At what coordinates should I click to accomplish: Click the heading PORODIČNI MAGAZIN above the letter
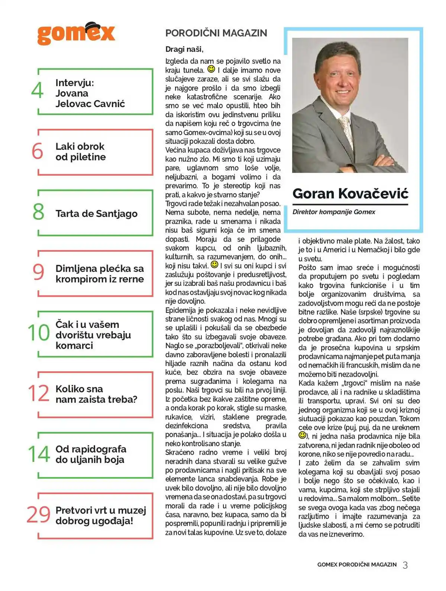click(216, 33)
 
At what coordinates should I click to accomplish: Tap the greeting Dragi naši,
click(184, 49)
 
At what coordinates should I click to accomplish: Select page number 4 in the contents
click(37, 90)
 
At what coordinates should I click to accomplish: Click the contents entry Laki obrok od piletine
click(80, 152)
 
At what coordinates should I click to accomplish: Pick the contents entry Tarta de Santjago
click(96, 214)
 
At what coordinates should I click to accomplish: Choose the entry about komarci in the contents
click(93, 335)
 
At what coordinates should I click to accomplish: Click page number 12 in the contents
click(38, 393)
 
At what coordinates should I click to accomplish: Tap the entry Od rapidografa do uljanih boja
click(91, 454)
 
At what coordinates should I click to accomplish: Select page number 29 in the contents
click(38, 515)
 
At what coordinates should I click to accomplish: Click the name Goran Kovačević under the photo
click(350, 194)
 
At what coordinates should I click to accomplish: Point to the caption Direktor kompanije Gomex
click(334, 212)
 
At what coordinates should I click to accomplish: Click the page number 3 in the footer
click(405, 565)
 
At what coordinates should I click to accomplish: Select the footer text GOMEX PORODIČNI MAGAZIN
click(357, 565)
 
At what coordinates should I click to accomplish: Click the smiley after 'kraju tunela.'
click(211, 69)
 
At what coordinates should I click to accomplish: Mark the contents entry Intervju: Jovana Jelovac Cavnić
click(90, 93)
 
